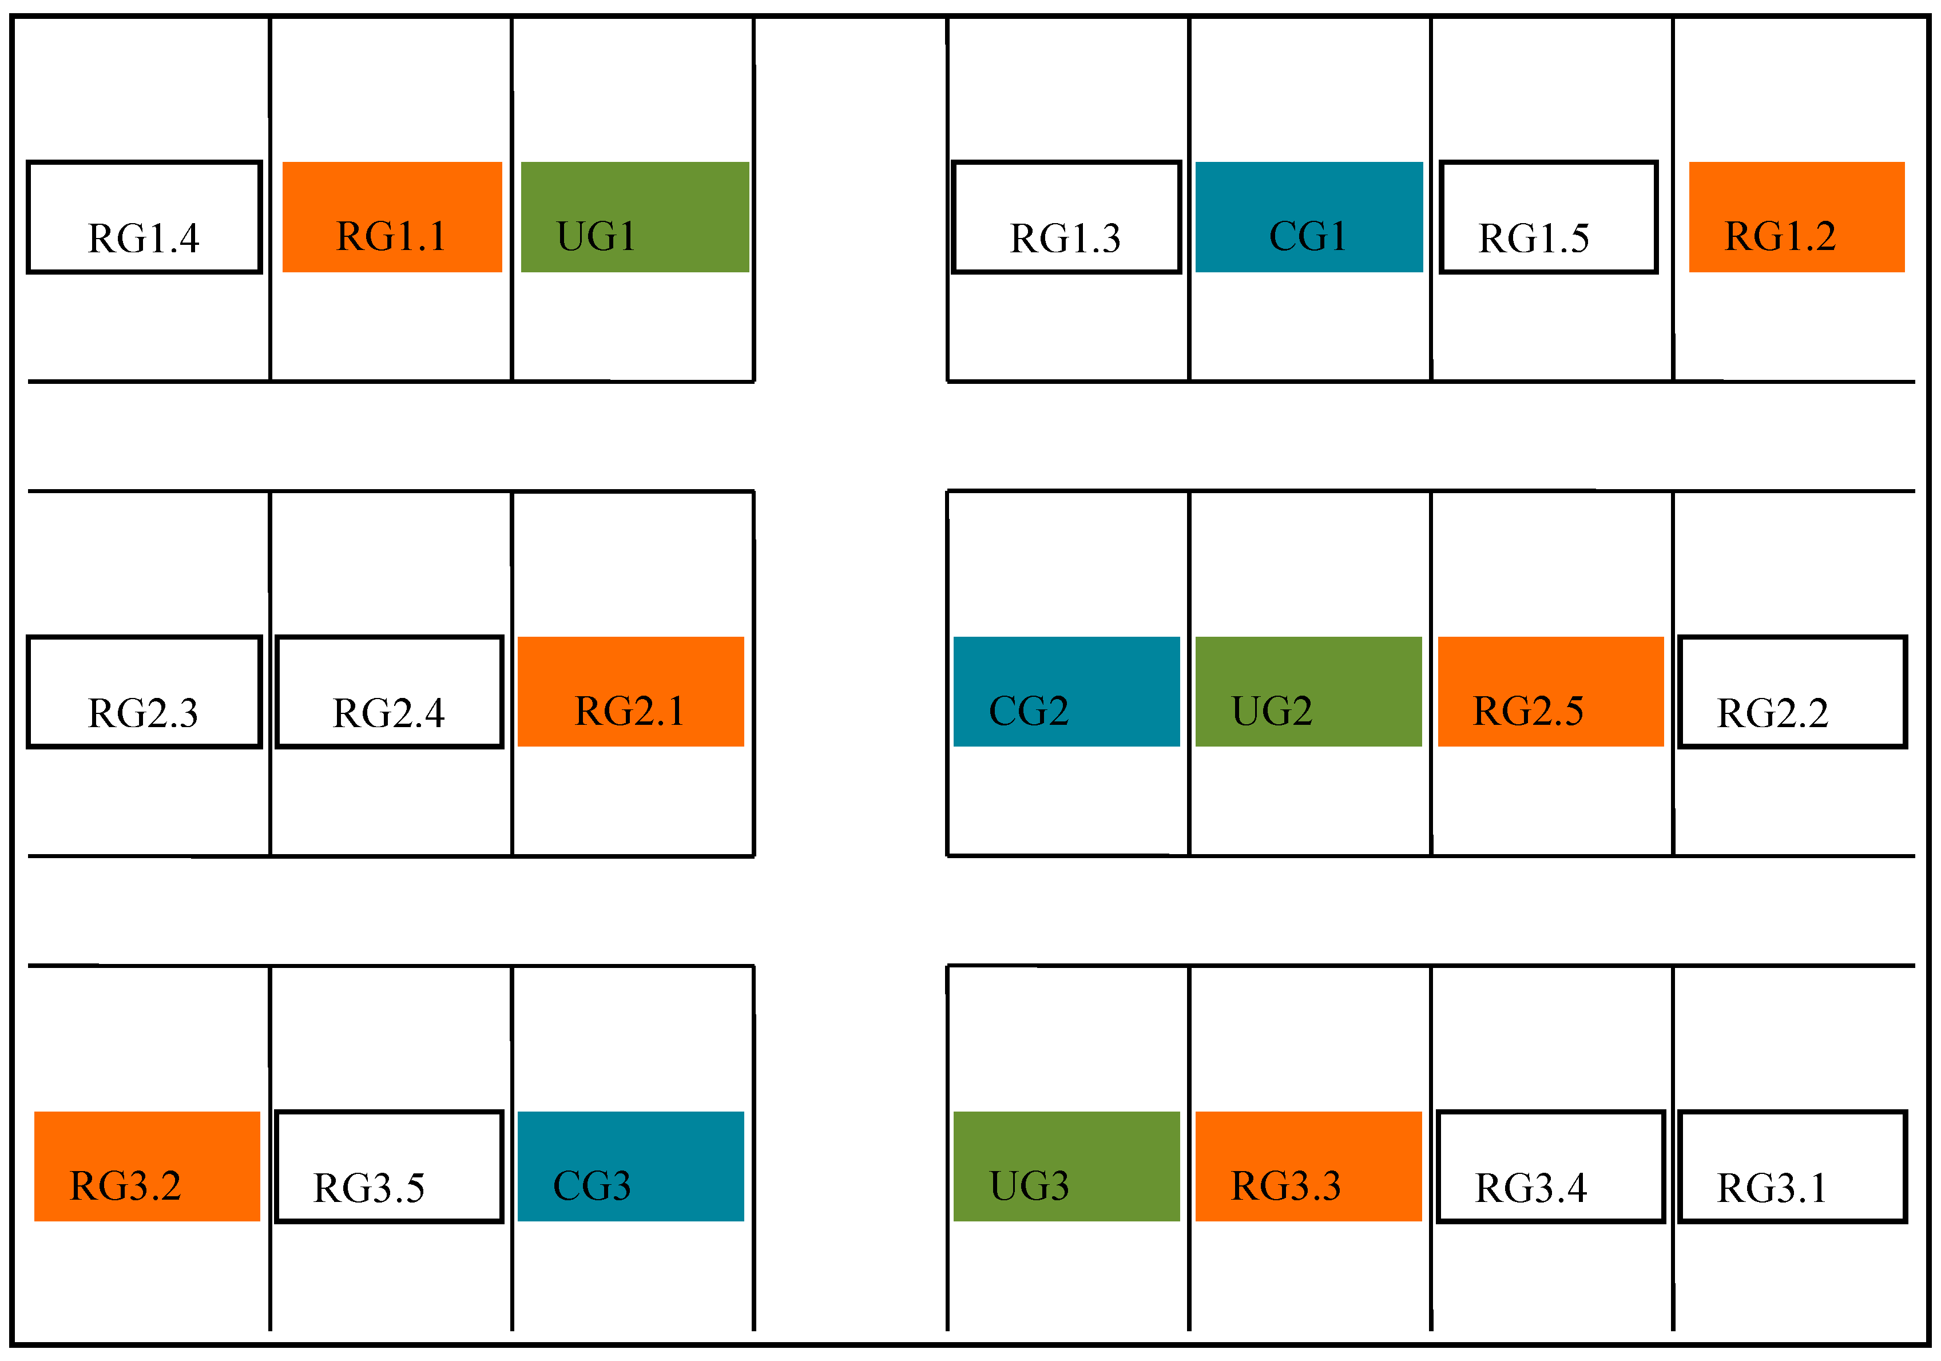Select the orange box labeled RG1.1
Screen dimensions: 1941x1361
tap(392, 217)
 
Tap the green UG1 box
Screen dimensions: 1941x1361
tap(635, 217)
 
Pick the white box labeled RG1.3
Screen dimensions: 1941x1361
tap(1066, 217)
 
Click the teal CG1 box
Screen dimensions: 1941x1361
tap(1309, 217)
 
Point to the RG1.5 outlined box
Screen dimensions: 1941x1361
tap(1549, 217)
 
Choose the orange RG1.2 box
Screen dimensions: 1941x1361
tap(1796, 217)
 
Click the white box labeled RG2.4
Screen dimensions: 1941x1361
tap(390, 692)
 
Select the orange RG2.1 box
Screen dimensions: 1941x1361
tap(630, 692)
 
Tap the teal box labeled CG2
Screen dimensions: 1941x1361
tap(1066, 692)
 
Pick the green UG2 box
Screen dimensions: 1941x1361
tap(1309, 692)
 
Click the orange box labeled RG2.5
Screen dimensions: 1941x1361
tap(1550, 692)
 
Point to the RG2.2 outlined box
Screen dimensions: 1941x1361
tap(1792, 692)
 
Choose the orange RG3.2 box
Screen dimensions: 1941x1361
tap(147, 1166)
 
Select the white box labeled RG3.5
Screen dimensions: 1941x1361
tap(390, 1166)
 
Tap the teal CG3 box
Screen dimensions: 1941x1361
tap(630, 1166)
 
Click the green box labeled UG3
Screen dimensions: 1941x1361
tap(1066, 1166)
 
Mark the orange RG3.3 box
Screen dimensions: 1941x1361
tap(1309, 1166)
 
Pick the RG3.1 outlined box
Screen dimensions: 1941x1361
tap(1792, 1166)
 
